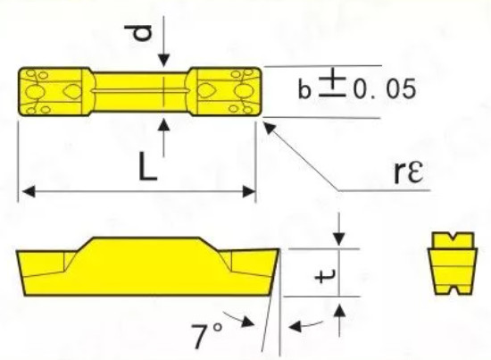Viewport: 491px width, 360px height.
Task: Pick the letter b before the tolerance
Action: [305, 90]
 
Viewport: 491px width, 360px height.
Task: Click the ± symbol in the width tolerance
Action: [333, 88]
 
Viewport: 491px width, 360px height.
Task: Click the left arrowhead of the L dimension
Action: [28, 190]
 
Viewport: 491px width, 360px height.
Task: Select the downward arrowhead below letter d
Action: [163, 61]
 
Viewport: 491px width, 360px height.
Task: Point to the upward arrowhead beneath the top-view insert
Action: [163, 124]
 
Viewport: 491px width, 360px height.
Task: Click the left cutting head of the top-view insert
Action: [53, 90]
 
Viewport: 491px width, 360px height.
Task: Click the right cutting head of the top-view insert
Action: [228, 90]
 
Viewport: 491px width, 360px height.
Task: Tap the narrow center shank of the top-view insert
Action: [143, 90]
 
